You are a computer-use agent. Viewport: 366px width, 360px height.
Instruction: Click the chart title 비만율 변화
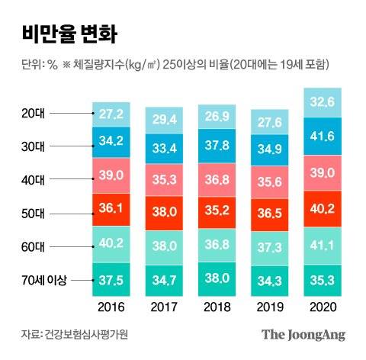[65, 34]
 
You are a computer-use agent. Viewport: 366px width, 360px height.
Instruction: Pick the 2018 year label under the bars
[220, 307]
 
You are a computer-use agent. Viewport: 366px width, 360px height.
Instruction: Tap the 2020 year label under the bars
[326, 307]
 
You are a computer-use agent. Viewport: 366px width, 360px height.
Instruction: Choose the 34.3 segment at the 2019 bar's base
[273, 281]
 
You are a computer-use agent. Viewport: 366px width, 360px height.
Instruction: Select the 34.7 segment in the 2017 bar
[167, 281]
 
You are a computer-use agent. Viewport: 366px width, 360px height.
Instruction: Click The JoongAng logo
[303, 334]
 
